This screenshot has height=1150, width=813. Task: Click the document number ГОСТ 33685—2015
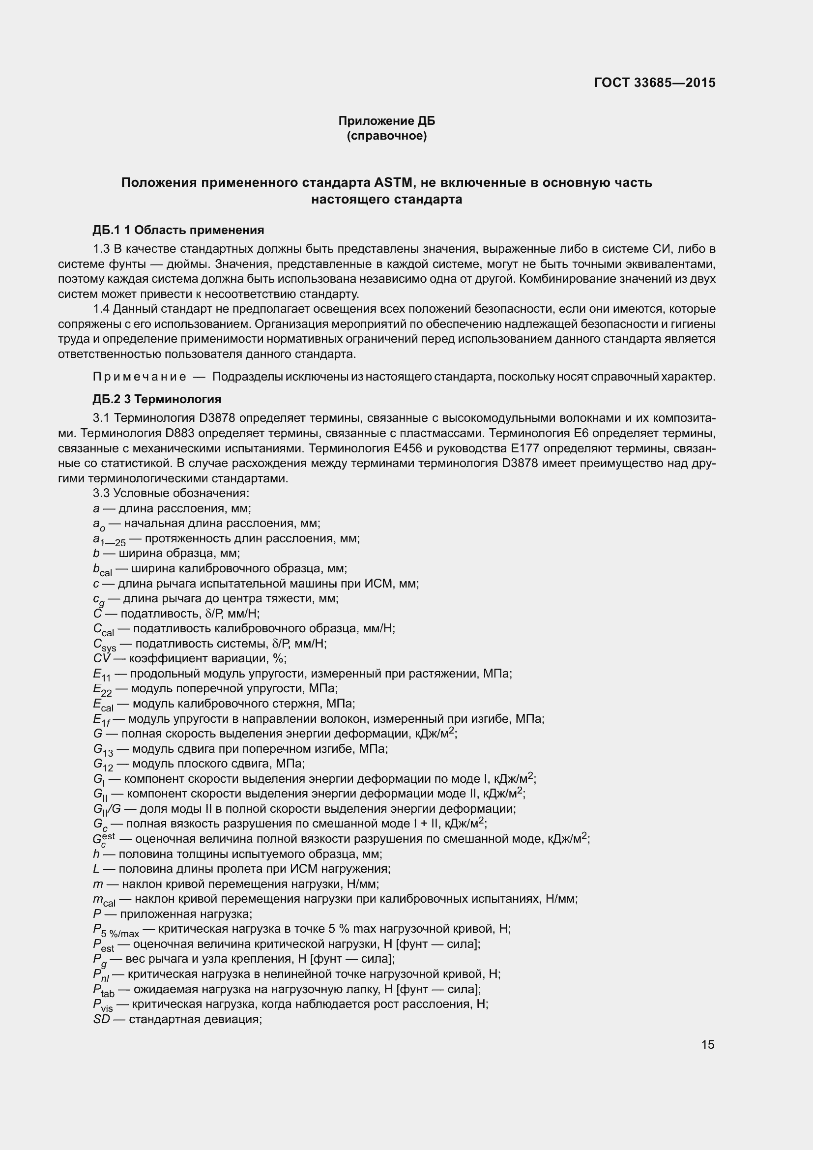[654, 83]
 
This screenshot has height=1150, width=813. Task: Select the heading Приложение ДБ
[386, 121]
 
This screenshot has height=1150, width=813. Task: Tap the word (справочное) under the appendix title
[386, 136]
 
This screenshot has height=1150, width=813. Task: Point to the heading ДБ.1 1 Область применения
[178, 230]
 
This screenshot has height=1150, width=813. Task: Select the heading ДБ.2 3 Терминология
[157, 399]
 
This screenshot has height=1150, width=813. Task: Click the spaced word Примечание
[140, 377]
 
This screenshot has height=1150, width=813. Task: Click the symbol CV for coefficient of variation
[102, 658]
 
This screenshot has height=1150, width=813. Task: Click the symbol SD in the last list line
[101, 1019]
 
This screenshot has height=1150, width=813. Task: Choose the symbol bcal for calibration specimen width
[102, 569]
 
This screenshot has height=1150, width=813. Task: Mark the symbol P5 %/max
[116, 930]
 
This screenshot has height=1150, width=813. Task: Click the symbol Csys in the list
[104, 645]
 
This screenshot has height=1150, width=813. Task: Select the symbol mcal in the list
[104, 900]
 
